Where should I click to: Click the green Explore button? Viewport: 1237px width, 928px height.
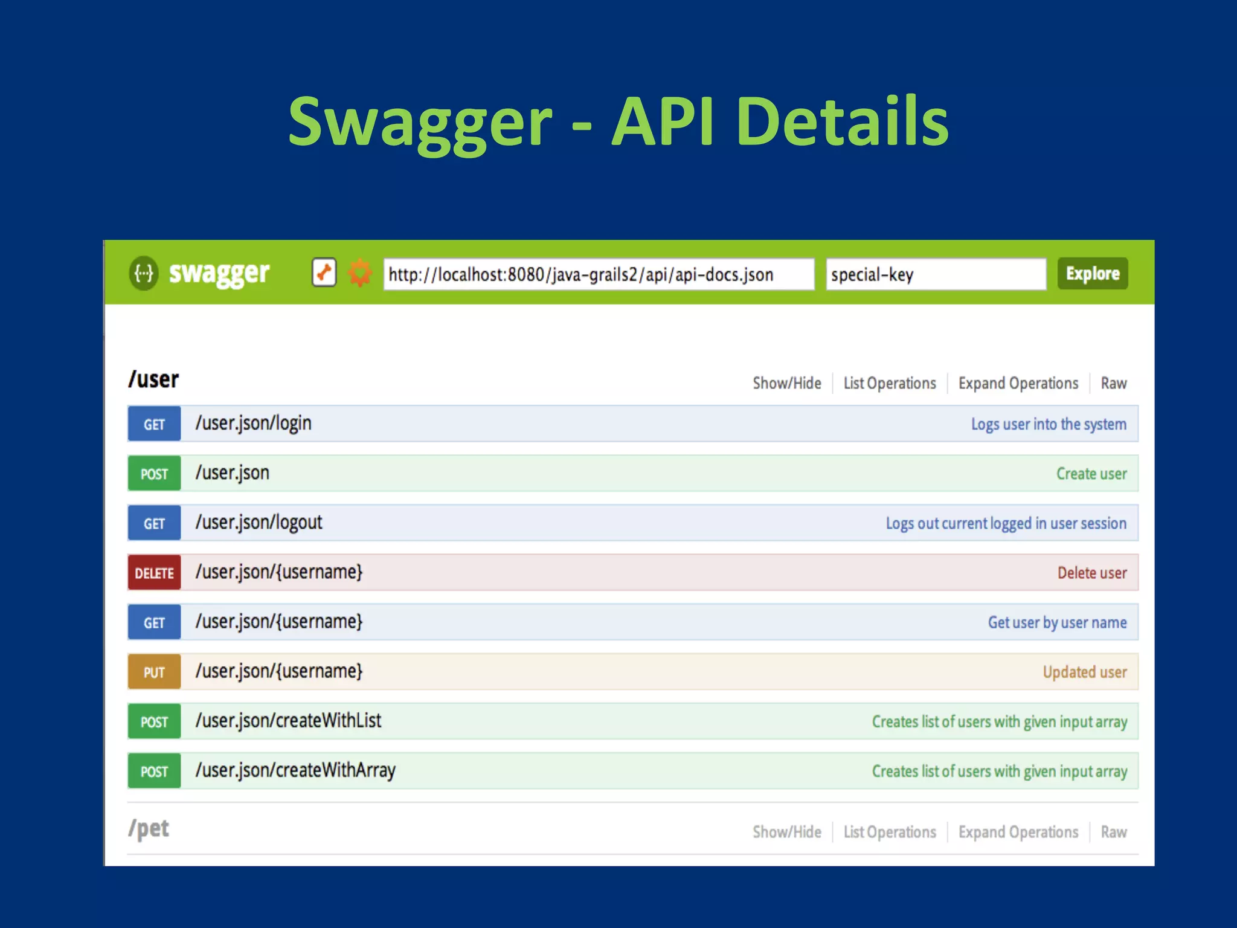1092,274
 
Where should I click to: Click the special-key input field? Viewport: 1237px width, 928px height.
935,274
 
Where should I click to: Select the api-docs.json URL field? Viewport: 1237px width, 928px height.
598,274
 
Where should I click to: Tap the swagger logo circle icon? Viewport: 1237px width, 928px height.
144,274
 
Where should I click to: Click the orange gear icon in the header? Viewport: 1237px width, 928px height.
360,273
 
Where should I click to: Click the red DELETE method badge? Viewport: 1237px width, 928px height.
154,573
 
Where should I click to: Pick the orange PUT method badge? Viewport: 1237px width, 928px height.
154,672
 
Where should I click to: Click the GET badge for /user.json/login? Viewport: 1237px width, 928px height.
154,424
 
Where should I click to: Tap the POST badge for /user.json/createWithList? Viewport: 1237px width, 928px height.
154,721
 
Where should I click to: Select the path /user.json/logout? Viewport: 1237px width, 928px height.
259,523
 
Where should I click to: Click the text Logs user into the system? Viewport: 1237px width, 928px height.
1048,424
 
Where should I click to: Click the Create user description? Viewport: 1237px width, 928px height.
1091,474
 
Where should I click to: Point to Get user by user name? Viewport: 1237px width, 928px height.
1056,622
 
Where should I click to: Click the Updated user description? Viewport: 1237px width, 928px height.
1084,672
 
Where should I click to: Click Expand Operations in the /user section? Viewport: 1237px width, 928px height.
1018,383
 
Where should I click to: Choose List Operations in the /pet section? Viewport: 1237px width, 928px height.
889,832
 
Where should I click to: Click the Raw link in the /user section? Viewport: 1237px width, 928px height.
1113,383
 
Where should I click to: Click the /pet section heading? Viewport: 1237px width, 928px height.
149,828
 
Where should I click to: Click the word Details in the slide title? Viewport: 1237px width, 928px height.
842,122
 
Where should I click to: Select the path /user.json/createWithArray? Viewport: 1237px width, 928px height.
295,770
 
